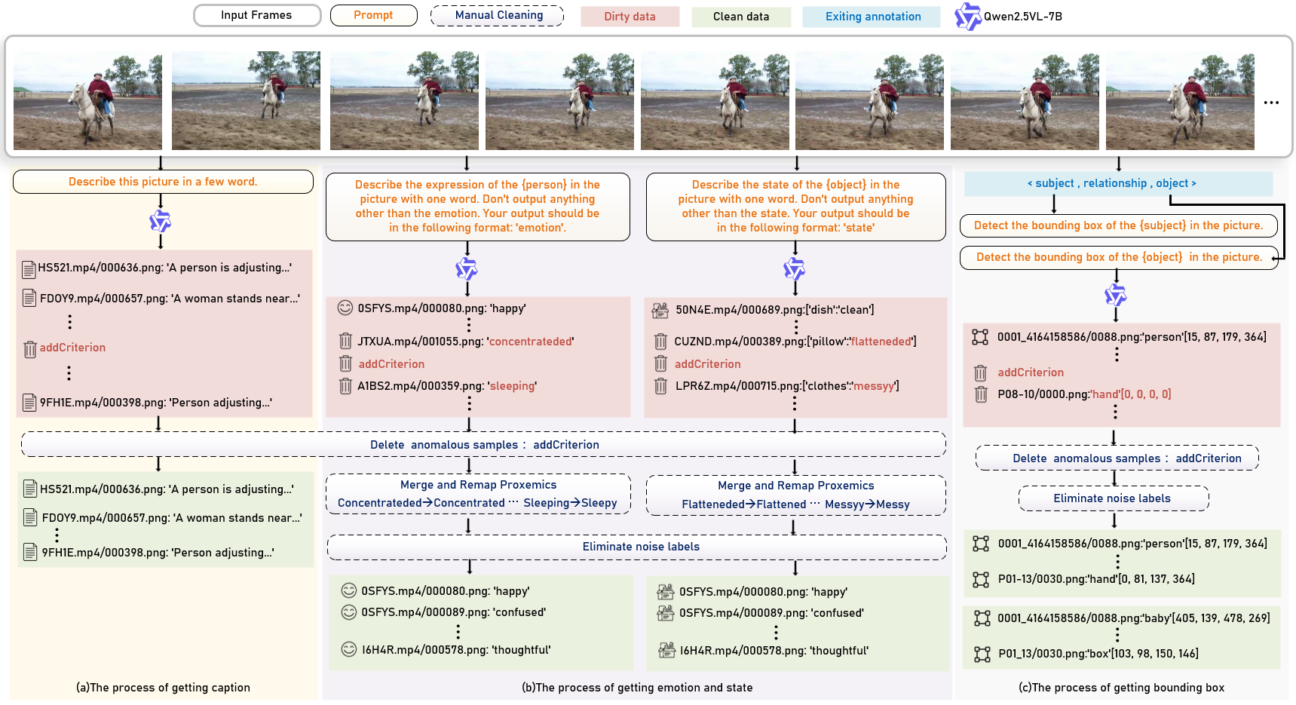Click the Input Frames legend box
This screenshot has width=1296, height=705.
[x=256, y=15]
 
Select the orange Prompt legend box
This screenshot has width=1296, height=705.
[x=373, y=15]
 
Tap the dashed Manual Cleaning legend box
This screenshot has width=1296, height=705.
[x=498, y=15]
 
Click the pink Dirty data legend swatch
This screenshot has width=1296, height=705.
[x=630, y=17]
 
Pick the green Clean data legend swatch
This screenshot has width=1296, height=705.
[x=741, y=17]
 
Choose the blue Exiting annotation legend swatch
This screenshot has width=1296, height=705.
[x=872, y=17]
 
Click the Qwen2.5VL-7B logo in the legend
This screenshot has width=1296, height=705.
[x=967, y=17]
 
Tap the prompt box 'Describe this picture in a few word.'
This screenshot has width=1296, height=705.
[x=163, y=182]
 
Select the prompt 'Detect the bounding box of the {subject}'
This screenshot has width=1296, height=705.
[x=1117, y=225]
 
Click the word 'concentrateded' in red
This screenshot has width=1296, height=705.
[x=531, y=342]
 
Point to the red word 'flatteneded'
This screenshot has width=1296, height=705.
[x=881, y=342]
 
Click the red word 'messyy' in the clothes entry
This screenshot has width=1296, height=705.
[x=874, y=386]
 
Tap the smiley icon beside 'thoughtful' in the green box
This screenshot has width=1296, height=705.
[x=348, y=649]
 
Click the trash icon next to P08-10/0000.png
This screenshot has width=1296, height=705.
[x=981, y=394]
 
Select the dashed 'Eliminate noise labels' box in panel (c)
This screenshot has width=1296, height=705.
[x=1113, y=498]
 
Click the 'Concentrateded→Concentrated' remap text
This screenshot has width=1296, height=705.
[x=421, y=503]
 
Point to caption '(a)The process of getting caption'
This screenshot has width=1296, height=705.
[x=163, y=688]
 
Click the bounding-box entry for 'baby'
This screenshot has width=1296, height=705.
[x=1132, y=618]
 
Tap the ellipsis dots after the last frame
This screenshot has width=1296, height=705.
[x=1271, y=103]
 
